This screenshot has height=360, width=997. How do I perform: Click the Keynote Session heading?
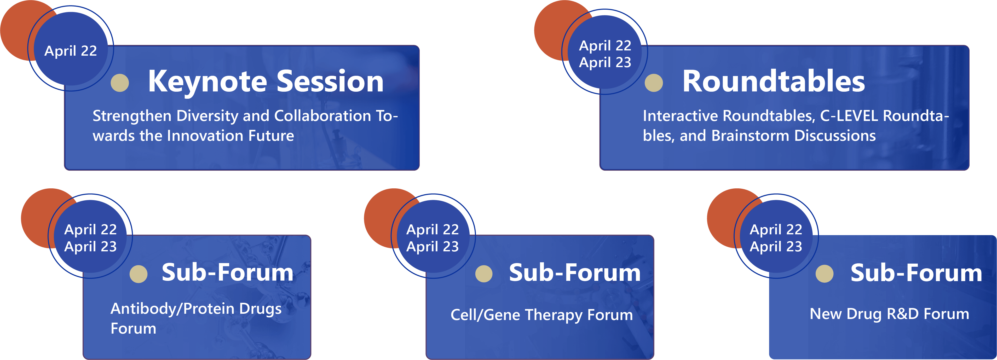[266, 82]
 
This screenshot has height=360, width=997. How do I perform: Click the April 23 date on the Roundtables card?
[605, 62]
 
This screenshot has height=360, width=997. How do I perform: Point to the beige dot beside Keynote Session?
[120, 83]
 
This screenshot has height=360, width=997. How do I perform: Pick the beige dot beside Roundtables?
[654, 83]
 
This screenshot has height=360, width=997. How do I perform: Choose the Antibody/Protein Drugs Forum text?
[196, 318]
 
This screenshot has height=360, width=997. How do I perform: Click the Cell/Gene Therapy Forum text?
[541, 315]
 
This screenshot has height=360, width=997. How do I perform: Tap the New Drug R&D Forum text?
[889, 314]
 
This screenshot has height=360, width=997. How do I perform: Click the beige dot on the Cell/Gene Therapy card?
[484, 274]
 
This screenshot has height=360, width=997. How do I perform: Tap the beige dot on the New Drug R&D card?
[824, 274]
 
